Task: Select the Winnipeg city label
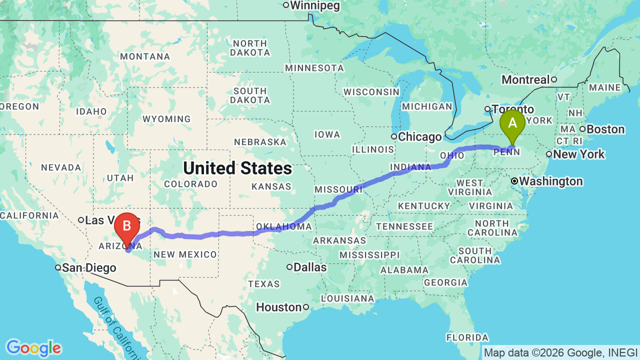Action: click(315, 5)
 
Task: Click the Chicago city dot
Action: click(394, 136)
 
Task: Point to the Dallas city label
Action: click(310, 267)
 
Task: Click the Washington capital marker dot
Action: click(514, 181)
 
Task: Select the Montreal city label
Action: click(525, 79)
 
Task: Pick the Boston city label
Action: click(605, 129)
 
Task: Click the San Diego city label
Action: click(89, 268)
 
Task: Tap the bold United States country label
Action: click(237, 168)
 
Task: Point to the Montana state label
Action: click(145, 56)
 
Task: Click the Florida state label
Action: click(467, 337)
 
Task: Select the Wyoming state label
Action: click(166, 119)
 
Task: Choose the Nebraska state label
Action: click(259, 142)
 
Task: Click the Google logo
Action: click(33, 348)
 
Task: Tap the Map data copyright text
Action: click(560, 353)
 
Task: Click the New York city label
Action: click(579, 154)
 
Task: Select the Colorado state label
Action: click(190, 184)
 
